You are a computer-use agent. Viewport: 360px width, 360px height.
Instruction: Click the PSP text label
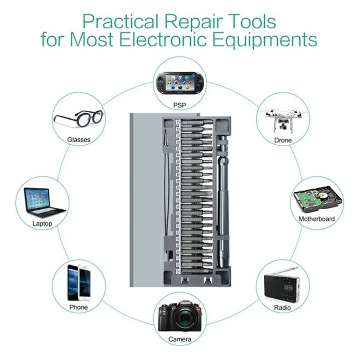(x=180, y=105)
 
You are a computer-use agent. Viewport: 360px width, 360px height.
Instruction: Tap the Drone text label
(x=283, y=140)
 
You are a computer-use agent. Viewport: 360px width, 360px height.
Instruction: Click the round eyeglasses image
(x=78, y=119)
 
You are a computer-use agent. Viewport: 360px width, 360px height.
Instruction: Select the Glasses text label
(x=79, y=140)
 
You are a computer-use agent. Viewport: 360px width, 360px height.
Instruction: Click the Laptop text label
(x=42, y=223)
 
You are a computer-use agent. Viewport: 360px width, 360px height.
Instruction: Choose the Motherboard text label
(x=317, y=219)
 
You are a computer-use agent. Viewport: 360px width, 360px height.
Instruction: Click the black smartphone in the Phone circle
(x=73, y=282)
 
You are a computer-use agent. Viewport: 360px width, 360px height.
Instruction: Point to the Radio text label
(x=282, y=308)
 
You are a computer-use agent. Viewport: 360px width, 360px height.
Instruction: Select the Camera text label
(x=180, y=340)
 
